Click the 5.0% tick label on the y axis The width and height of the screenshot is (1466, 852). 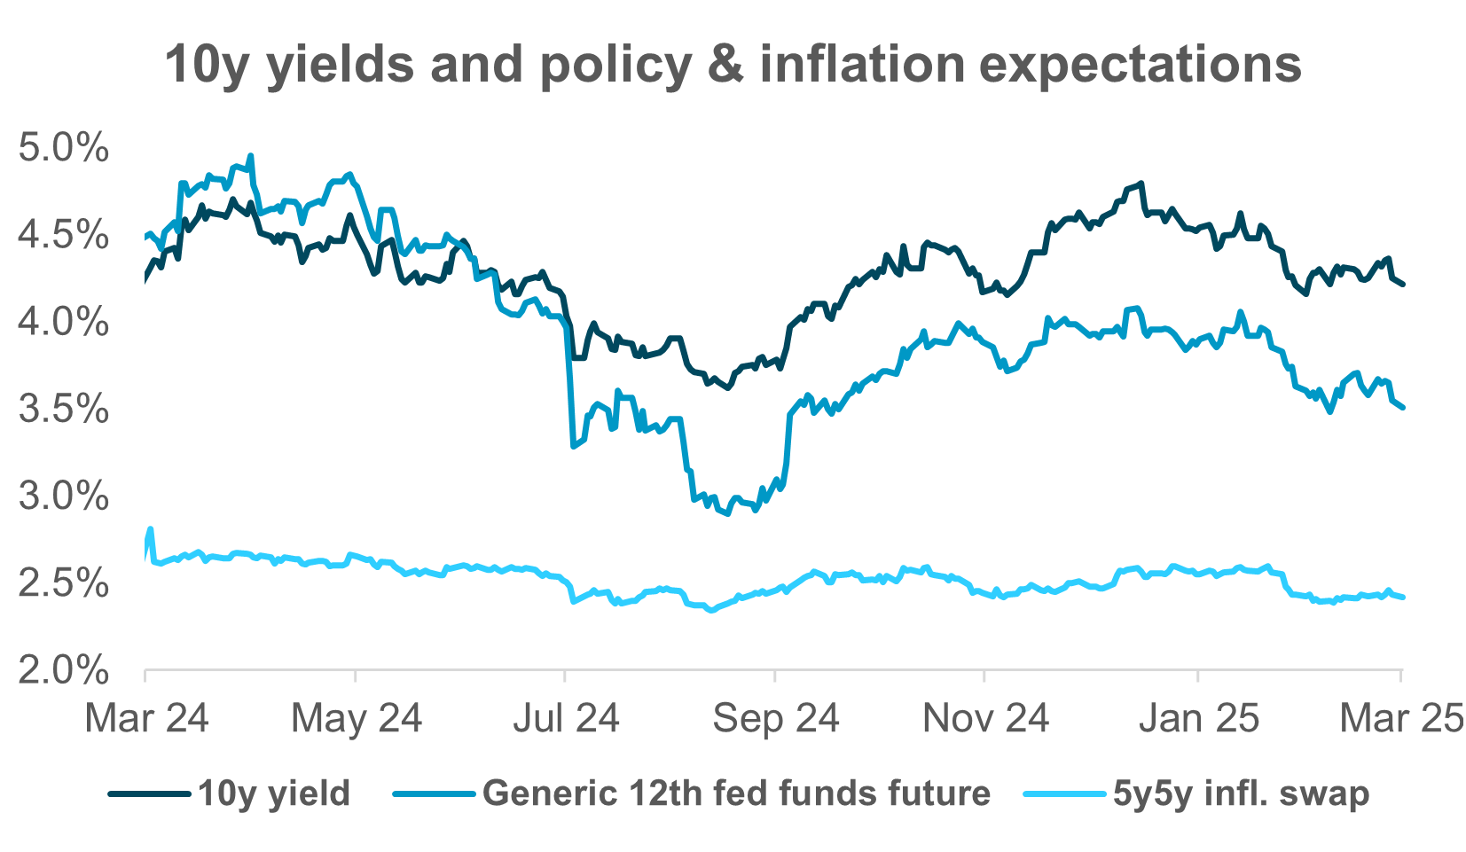[x=64, y=148]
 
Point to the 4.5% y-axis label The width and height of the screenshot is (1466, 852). [x=64, y=236]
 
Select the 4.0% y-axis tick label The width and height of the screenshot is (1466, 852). [x=64, y=323]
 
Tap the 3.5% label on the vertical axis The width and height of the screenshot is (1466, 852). [x=64, y=410]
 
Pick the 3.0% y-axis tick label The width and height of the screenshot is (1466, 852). [x=64, y=496]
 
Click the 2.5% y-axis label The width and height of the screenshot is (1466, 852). [x=64, y=583]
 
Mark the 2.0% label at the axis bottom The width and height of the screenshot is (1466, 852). [x=64, y=670]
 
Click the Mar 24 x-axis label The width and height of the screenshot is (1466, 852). [x=146, y=718]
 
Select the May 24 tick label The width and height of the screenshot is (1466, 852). [x=357, y=718]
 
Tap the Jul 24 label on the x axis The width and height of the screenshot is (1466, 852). [x=566, y=718]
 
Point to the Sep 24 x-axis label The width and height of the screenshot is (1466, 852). [x=776, y=718]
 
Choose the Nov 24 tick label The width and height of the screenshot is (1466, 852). [x=985, y=718]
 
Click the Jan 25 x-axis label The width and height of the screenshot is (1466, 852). [x=1198, y=718]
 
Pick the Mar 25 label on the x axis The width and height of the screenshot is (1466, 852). [x=1401, y=718]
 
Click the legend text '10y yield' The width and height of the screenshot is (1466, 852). [x=274, y=793]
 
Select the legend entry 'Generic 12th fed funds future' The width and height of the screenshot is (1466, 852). [x=736, y=793]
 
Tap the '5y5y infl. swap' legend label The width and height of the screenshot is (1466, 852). [x=1241, y=793]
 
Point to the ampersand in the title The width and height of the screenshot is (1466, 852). [x=726, y=65]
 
